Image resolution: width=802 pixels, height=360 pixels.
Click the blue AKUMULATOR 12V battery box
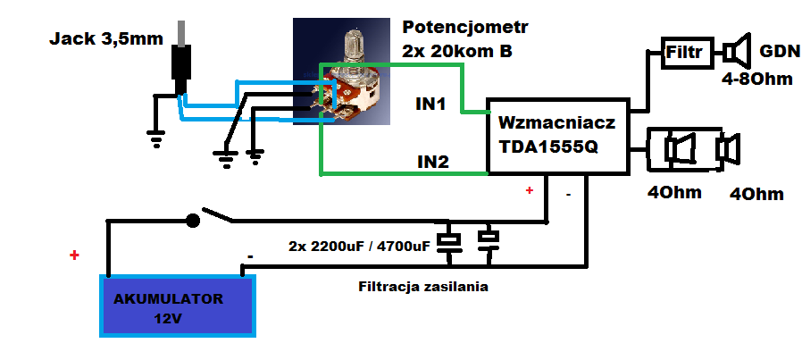[x=178, y=306]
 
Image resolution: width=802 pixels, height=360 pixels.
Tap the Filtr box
[x=688, y=53]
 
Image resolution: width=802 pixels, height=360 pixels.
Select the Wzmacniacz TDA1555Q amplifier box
[x=558, y=136]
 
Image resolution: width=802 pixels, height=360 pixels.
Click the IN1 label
[x=430, y=105]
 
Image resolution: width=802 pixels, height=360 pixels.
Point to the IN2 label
[x=432, y=163]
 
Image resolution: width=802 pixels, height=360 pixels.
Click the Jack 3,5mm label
[x=106, y=39]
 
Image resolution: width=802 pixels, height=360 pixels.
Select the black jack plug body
[x=181, y=66]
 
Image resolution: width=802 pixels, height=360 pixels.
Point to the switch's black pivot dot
[x=192, y=221]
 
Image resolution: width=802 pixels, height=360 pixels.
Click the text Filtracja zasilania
[x=423, y=287]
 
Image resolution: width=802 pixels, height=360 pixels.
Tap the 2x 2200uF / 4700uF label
[x=359, y=246]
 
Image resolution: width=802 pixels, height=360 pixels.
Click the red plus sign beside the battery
[x=75, y=255]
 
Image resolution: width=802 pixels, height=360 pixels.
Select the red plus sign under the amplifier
[x=530, y=191]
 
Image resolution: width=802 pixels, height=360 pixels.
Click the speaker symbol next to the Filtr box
[x=738, y=51]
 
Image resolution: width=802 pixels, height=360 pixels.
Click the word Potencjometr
[x=465, y=27]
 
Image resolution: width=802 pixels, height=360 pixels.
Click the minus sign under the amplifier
[x=569, y=195]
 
